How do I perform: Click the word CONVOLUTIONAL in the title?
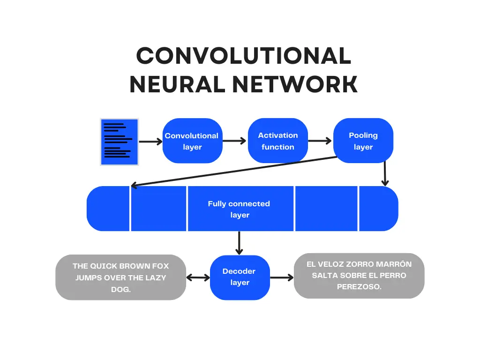[x=243, y=56]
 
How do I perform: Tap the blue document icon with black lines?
[x=119, y=142]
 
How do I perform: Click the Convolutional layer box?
[x=192, y=141]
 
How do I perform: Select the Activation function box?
[x=277, y=141]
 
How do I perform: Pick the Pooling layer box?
[x=363, y=141]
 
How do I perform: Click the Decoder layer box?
[x=240, y=277]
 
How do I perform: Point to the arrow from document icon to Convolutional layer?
[x=150, y=142]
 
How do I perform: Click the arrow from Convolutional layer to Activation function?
[x=235, y=141]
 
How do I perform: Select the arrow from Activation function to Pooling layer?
[x=320, y=141]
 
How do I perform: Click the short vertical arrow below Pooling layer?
[x=385, y=174]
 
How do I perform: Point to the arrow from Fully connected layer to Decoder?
[x=240, y=243]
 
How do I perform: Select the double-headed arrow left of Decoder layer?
[x=198, y=277]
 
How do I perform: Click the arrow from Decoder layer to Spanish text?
[x=282, y=277]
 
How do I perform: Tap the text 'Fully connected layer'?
[x=239, y=209]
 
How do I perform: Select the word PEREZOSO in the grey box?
[x=359, y=287]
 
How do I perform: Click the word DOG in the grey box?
[x=121, y=290]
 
